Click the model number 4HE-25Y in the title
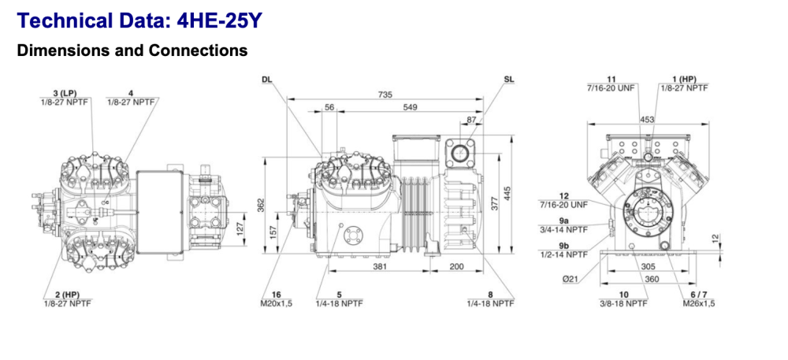pyautogui.click(x=213, y=20)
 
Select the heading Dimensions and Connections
pyautogui.click(x=132, y=50)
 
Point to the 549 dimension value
pyautogui.click(x=410, y=107)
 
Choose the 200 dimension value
pyautogui.click(x=457, y=267)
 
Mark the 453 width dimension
pyautogui.click(x=647, y=119)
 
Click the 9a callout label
pyautogui.click(x=563, y=221)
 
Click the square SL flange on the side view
pyautogui.click(x=456, y=151)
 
